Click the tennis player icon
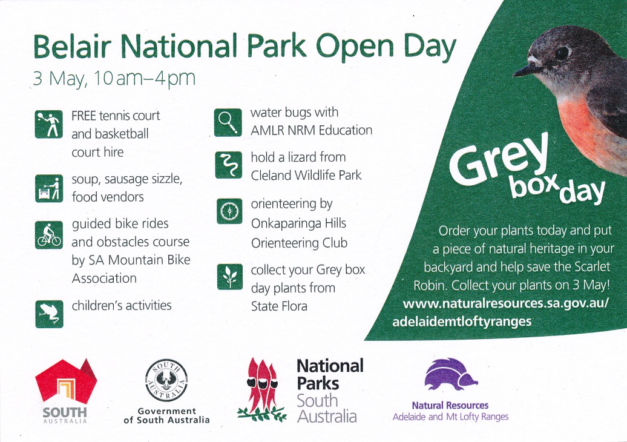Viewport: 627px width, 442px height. [x=49, y=124]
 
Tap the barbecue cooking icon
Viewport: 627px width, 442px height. [x=49, y=188]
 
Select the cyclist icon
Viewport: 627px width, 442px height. [x=49, y=235]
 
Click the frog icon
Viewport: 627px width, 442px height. [x=49, y=314]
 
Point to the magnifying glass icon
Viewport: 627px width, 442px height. [x=228, y=122]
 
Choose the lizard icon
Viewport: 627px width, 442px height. [x=228, y=165]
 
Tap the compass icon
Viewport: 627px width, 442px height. [x=229, y=211]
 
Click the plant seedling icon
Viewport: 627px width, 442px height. [x=229, y=277]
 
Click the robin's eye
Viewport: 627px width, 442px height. [x=563, y=53]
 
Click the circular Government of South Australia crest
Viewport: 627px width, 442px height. [x=166, y=380]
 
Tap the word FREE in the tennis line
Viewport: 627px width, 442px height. [x=84, y=116]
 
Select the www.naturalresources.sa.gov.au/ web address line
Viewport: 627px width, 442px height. [x=506, y=303]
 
